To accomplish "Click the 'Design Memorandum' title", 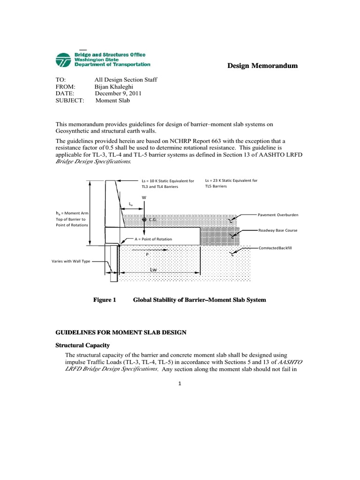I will click(262, 66).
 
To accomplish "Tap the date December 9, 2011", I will click(118, 93).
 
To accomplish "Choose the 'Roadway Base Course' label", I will click(278, 230).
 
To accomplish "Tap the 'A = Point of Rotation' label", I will click(153, 239).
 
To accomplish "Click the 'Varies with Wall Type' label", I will click(71, 261).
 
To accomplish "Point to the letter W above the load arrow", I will click(144, 197).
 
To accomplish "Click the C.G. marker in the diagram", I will click(145, 219).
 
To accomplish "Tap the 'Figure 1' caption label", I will click(105, 300).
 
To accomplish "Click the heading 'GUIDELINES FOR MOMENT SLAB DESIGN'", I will click(121, 332).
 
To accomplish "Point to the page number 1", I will click(180, 383).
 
